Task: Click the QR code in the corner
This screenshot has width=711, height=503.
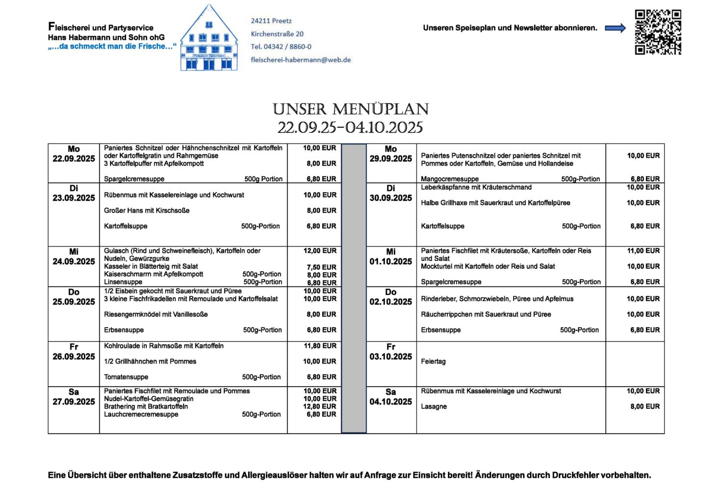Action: (658, 32)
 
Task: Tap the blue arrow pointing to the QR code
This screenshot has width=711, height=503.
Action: (615, 28)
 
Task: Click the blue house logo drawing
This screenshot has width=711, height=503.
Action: (209, 39)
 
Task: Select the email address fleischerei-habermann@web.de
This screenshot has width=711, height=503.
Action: (301, 60)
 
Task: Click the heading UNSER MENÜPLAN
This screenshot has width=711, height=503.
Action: (351, 109)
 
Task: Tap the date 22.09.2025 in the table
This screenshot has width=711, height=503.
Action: (74, 159)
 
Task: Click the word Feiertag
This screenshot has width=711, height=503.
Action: (433, 362)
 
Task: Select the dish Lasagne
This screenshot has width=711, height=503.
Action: (434, 407)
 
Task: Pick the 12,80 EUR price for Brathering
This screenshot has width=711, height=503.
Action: (320, 407)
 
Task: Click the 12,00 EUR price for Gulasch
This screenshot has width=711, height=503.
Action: (320, 251)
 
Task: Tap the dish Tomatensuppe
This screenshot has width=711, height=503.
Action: (126, 377)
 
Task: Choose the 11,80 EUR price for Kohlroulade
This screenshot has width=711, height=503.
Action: (320, 346)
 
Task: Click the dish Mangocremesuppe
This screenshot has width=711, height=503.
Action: (449, 179)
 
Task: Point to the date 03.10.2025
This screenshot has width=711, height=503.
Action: (391, 357)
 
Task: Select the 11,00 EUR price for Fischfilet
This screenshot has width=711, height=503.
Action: (643, 251)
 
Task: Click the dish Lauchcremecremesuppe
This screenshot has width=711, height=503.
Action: (141, 415)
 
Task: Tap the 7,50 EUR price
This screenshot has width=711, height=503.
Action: (322, 267)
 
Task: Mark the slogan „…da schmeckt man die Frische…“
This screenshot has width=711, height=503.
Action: (112, 47)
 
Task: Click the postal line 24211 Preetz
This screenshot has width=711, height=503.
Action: (271, 21)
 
